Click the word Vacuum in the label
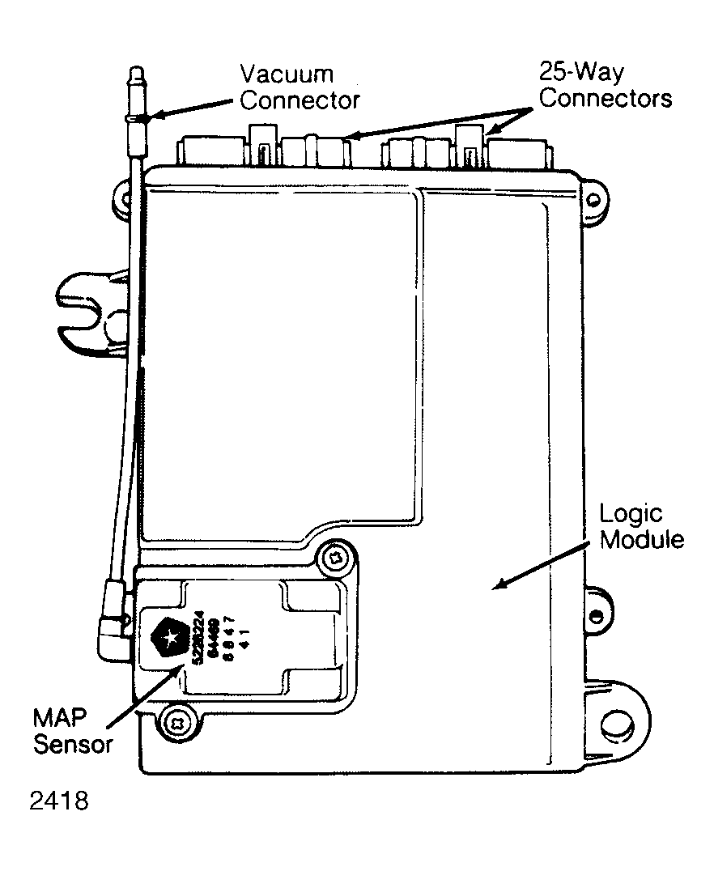click(287, 74)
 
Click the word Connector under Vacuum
click(300, 101)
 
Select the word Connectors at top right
click(606, 99)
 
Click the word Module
click(641, 540)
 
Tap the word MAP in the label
click(60, 717)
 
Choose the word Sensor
click(72, 744)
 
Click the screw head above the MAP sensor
click(334, 557)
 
